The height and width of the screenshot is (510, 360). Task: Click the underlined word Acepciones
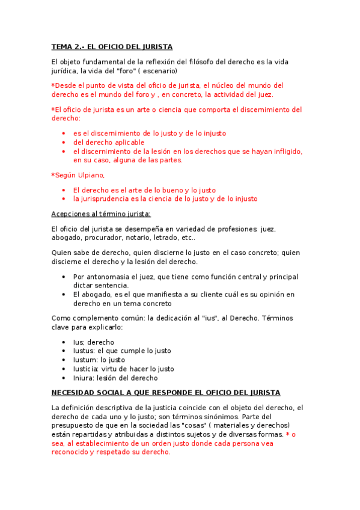coord(70,214)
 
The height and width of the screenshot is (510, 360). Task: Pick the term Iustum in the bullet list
coord(85,360)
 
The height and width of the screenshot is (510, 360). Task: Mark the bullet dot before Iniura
coord(64,378)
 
